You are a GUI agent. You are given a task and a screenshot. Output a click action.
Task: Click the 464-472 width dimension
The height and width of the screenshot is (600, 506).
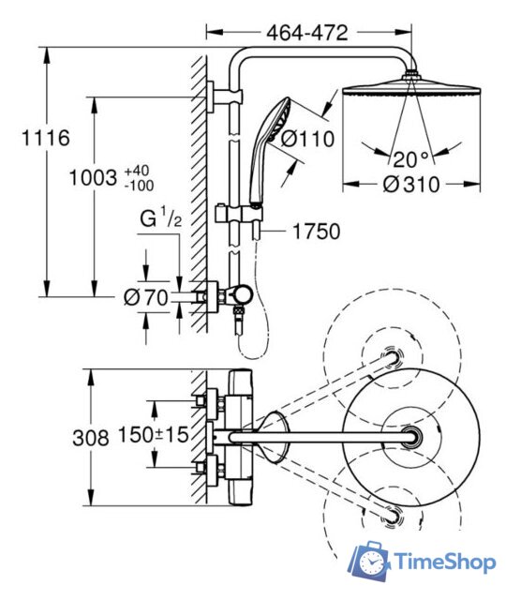(307, 33)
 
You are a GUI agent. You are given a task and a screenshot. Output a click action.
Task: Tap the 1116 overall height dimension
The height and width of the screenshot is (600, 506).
(46, 138)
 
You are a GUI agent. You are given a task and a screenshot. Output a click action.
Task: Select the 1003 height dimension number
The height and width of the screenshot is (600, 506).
(93, 178)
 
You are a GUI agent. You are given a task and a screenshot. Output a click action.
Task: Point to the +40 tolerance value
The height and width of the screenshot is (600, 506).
(137, 171)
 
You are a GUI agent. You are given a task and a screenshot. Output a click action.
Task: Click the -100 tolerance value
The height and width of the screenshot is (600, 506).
(139, 186)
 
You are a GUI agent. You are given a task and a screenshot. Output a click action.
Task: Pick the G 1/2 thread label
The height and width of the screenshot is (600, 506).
(160, 217)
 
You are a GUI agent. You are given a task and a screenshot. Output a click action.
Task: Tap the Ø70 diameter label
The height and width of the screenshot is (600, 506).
(146, 297)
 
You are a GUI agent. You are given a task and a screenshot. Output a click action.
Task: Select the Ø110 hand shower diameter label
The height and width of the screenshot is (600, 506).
(308, 139)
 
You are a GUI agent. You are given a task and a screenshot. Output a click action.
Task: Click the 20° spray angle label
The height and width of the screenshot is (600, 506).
(410, 159)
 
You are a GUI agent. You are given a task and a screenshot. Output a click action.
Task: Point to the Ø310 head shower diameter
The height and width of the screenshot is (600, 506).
(411, 185)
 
